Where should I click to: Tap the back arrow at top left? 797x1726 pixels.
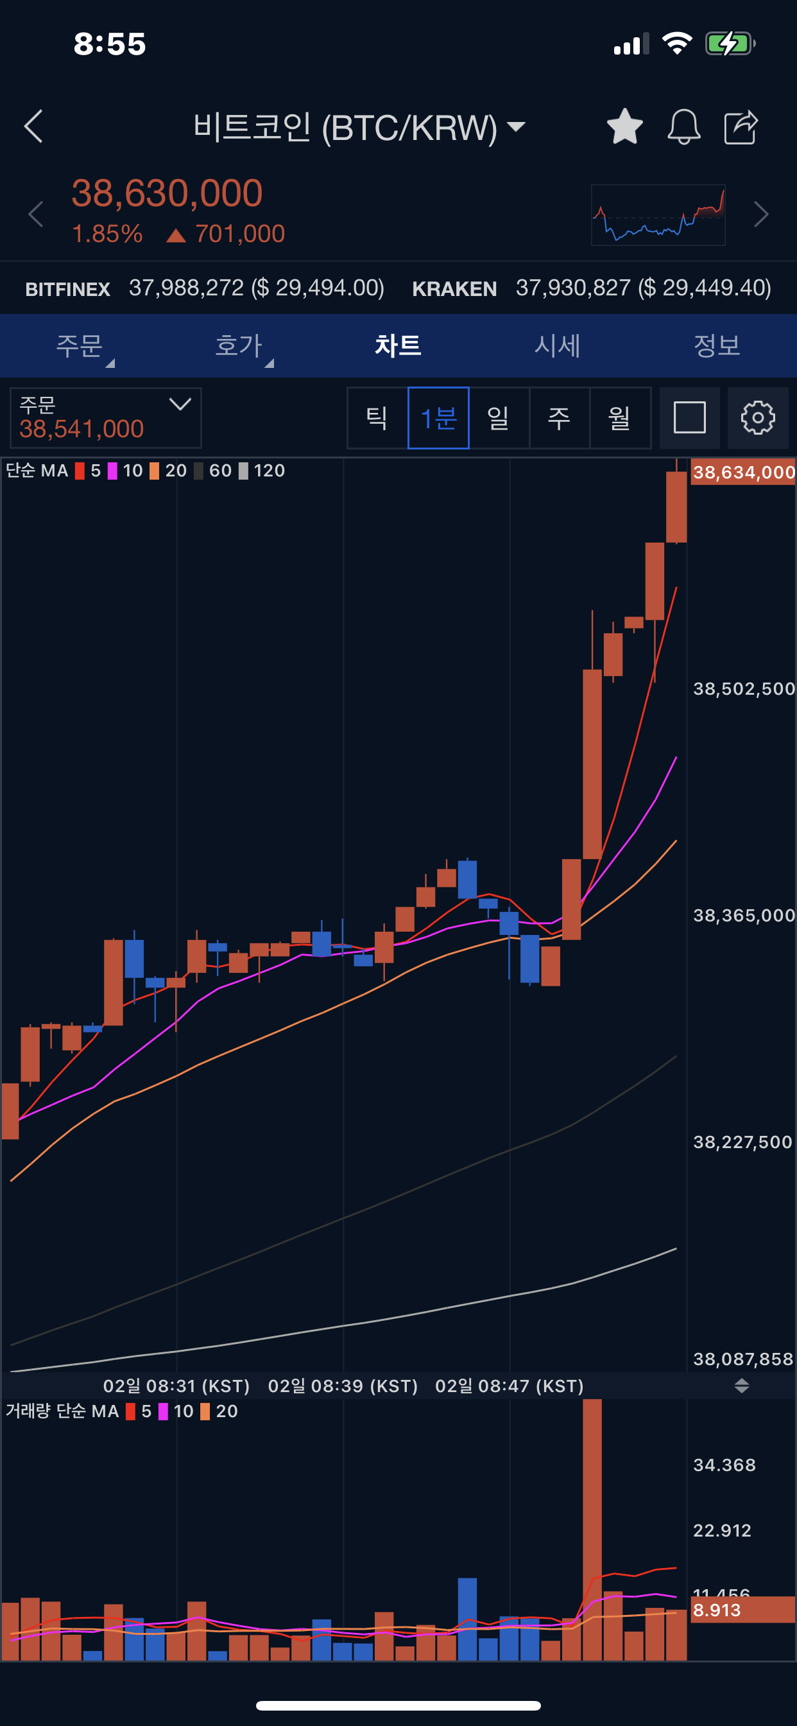33,126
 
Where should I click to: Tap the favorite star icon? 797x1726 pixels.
624,126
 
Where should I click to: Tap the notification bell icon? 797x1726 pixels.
684,126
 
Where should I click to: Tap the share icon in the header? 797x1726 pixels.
741,126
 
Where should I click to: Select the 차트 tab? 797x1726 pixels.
398,345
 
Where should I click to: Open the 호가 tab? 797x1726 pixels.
239,345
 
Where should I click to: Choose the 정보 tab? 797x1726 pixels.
717,345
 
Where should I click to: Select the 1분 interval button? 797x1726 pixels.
438,418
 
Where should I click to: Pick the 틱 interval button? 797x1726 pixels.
377,418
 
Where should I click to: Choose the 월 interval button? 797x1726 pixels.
619,418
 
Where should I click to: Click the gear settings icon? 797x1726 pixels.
757,418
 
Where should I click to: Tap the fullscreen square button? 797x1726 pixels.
689,418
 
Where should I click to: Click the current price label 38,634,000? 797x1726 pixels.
742,473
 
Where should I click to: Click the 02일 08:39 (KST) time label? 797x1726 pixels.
343,1386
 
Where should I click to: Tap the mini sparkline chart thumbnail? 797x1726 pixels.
658,215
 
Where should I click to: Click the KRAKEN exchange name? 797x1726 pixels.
454,289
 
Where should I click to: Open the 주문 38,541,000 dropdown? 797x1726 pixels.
106,418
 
